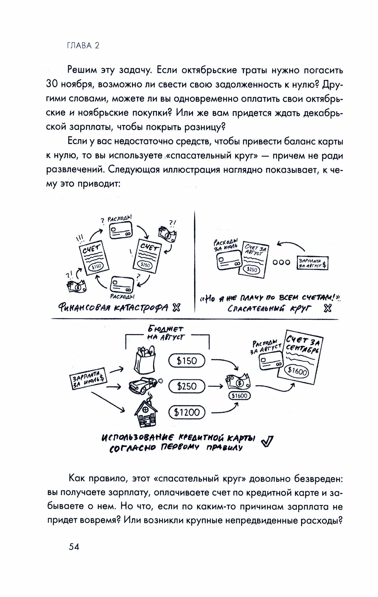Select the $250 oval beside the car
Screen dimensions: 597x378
(187, 387)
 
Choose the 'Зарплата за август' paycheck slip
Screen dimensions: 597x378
(312, 263)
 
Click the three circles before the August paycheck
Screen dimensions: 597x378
(281, 262)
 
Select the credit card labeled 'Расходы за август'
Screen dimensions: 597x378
(270, 359)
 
